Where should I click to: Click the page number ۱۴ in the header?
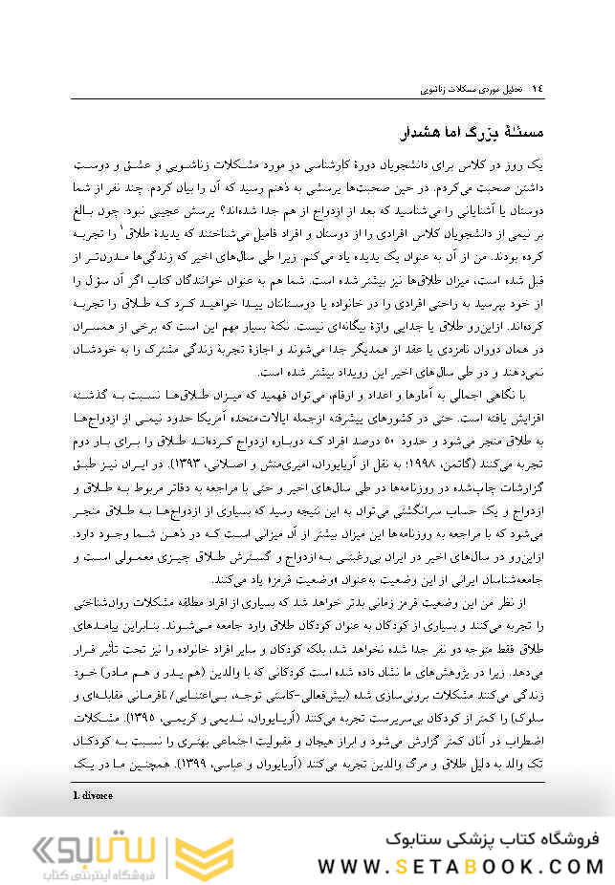pyautogui.click(x=536, y=88)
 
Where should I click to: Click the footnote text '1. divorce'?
pyautogui.click(x=92, y=795)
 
